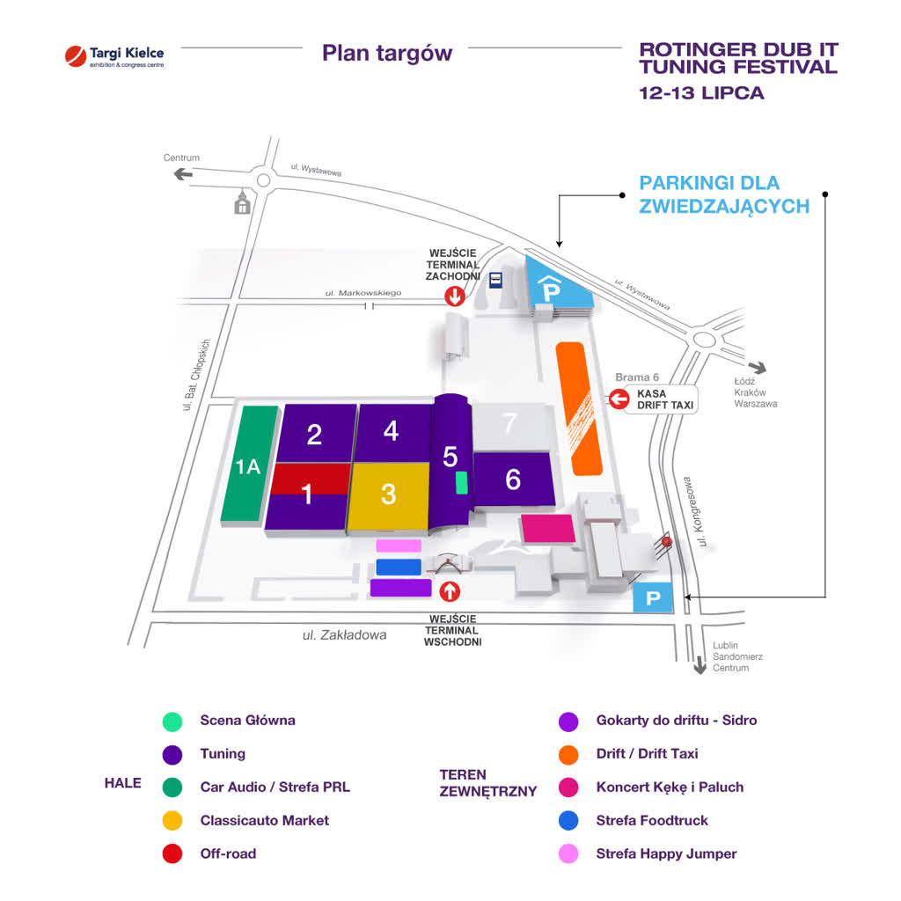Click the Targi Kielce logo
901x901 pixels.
(x=114, y=56)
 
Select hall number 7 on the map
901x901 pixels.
(x=511, y=426)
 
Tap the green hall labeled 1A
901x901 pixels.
(x=249, y=465)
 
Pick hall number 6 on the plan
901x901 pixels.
(x=513, y=480)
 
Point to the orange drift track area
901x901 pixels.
(x=579, y=408)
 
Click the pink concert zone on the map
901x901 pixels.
(x=547, y=529)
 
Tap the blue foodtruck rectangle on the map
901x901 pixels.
(x=399, y=568)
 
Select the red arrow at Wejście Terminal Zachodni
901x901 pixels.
(x=455, y=297)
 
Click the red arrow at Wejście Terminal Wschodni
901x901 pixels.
(x=450, y=591)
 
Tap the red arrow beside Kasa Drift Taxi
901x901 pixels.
(x=619, y=399)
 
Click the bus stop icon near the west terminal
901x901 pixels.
(x=495, y=281)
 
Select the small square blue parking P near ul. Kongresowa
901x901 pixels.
(x=653, y=597)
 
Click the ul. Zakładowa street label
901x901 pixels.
(x=344, y=635)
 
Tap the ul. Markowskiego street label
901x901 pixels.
(x=363, y=293)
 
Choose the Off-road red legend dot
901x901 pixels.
(x=172, y=853)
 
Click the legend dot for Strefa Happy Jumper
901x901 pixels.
(x=568, y=853)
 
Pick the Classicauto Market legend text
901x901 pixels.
(x=264, y=820)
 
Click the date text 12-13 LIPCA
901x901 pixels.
(x=701, y=93)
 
